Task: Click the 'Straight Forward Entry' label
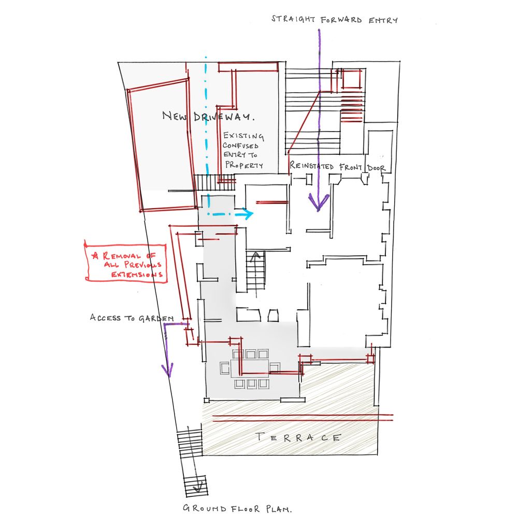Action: (x=334, y=20)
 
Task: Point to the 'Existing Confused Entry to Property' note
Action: (x=243, y=150)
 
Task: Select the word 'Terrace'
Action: (x=298, y=438)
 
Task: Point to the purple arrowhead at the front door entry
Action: (x=318, y=202)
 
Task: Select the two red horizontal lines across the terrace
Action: (x=303, y=418)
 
